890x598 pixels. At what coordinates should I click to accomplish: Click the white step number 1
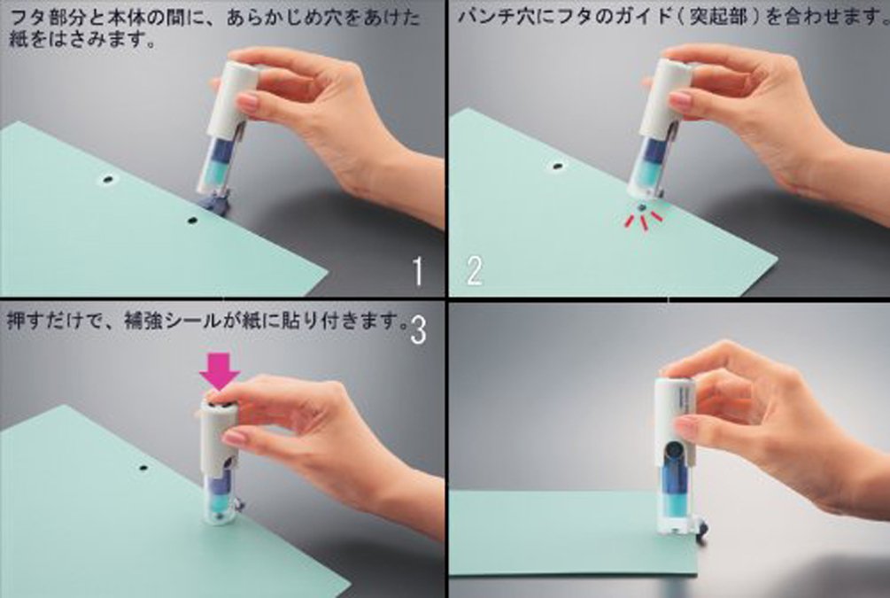[418, 271]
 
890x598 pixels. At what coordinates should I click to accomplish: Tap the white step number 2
[475, 270]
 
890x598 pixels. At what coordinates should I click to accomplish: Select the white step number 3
[418, 330]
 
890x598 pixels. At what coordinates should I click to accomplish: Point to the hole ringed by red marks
[641, 208]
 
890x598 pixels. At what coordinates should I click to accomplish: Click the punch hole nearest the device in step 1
[192, 219]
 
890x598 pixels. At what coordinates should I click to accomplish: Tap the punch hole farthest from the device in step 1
[107, 180]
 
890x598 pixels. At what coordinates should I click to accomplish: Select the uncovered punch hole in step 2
[558, 167]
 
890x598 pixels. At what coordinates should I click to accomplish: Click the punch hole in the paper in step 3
[143, 468]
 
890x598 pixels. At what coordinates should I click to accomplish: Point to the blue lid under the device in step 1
[213, 202]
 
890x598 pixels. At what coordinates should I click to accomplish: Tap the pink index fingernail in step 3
[234, 438]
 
